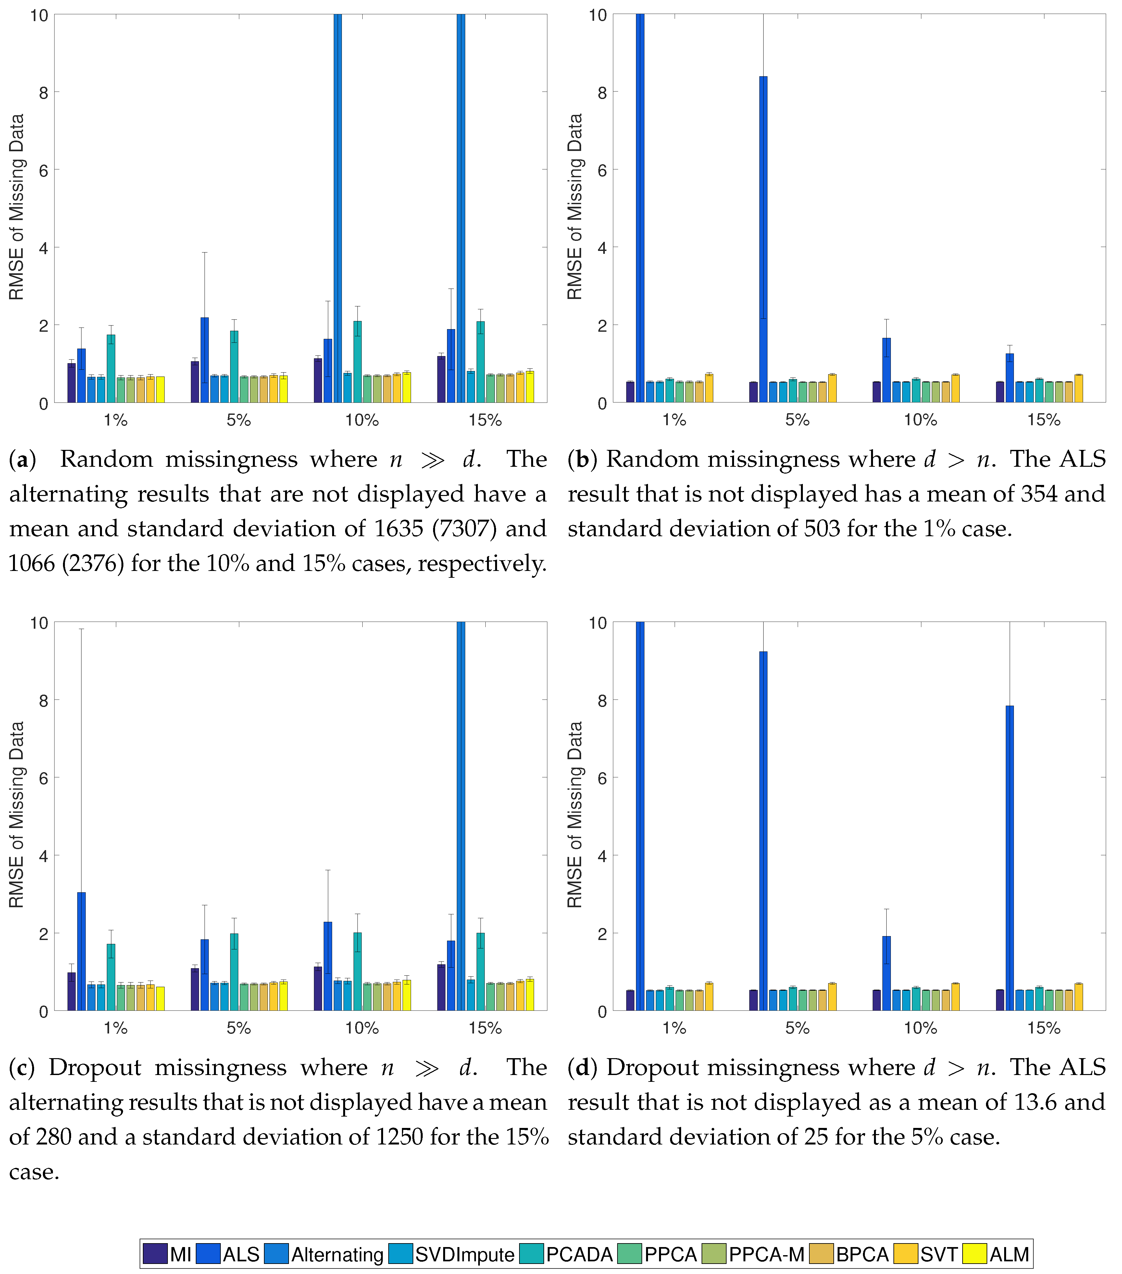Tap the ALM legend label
tap(1009, 1254)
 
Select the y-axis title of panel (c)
tap(17, 815)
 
